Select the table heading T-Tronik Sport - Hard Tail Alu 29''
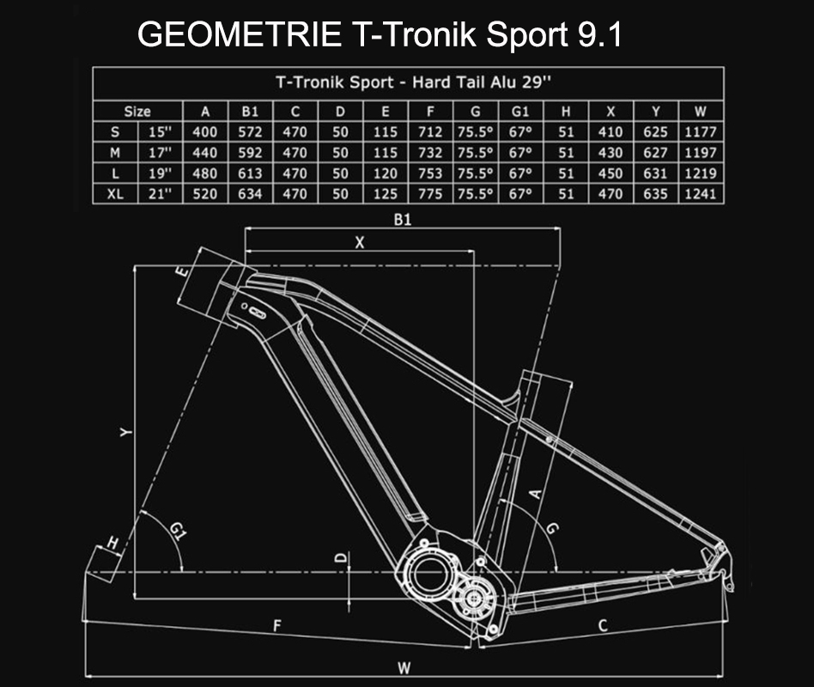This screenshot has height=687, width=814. (407, 83)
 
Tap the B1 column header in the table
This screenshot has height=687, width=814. (250, 111)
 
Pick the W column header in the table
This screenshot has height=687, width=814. (701, 111)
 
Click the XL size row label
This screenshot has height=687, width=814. (115, 194)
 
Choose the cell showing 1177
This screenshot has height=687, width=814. (701, 132)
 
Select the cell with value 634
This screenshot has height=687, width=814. (250, 194)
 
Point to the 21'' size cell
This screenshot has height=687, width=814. (159, 194)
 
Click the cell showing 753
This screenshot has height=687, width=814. (430, 173)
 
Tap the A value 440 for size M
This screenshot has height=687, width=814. (205, 153)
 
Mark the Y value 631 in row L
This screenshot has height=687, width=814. (656, 173)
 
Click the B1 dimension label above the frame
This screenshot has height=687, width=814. (403, 220)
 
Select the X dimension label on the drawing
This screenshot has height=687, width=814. (360, 243)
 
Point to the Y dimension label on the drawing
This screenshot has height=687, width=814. (125, 434)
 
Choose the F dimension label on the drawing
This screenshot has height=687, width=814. (277, 627)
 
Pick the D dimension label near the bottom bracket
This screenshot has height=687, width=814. (341, 559)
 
